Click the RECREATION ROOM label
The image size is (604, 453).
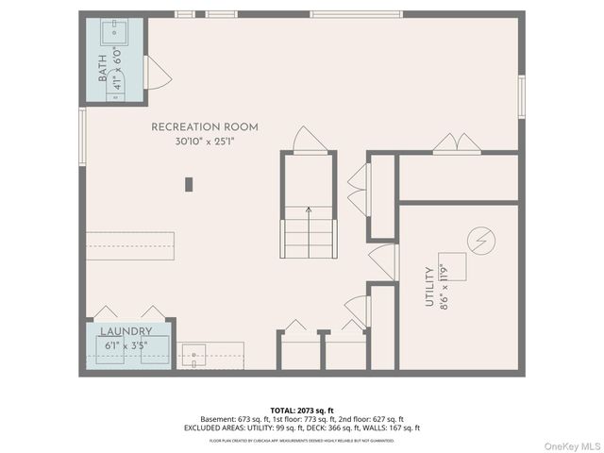[x=205, y=127]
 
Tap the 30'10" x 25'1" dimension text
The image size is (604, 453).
[x=204, y=142]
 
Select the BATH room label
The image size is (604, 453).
[x=102, y=68]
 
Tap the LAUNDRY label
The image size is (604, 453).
[x=126, y=332]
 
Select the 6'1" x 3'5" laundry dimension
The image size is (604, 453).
[x=126, y=346]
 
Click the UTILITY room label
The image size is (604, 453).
[x=429, y=287]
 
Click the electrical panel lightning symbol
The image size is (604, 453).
[x=482, y=243]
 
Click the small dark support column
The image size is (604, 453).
[x=189, y=184]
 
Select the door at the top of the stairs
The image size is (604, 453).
[x=309, y=140]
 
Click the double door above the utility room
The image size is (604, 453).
[x=457, y=143]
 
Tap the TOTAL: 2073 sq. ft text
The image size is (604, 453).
[x=302, y=410]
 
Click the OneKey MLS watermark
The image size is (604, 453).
[x=569, y=445]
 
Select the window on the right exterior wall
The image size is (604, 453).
[x=521, y=97]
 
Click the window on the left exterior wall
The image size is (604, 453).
[x=82, y=138]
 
